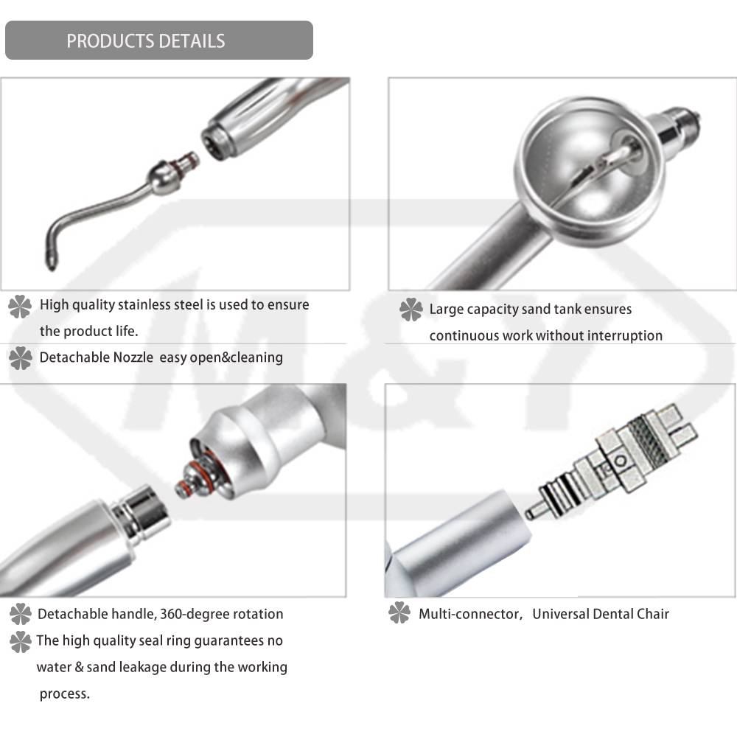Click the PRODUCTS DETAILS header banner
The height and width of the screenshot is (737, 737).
click(159, 41)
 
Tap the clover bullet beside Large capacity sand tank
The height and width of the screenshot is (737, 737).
click(411, 310)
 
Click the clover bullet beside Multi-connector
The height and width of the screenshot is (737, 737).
click(399, 612)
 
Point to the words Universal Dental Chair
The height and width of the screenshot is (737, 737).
click(601, 613)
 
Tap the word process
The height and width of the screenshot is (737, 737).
click(64, 694)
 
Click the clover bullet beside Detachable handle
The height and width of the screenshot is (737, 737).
click(20, 613)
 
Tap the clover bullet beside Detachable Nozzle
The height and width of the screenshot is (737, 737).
click(20, 359)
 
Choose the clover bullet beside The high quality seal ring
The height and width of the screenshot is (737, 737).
click(20, 641)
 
